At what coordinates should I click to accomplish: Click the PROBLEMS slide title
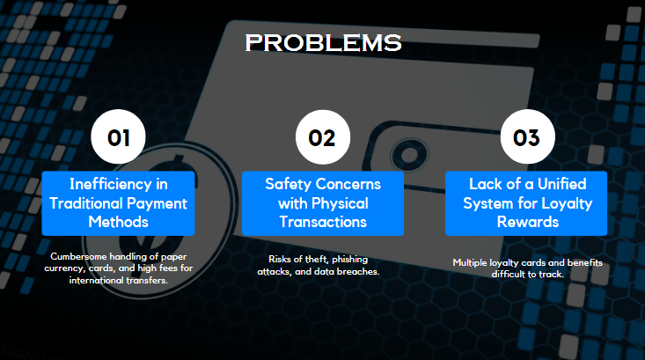coord(322,42)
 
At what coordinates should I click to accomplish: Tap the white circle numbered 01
coord(119,138)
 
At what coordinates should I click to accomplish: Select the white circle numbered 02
coord(322,138)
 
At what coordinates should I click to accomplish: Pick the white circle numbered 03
coord(526,138)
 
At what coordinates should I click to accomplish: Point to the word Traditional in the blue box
coord(99,203)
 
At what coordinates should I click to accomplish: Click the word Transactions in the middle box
coord(322,223)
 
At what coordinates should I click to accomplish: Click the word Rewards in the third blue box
coord(526,223)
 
